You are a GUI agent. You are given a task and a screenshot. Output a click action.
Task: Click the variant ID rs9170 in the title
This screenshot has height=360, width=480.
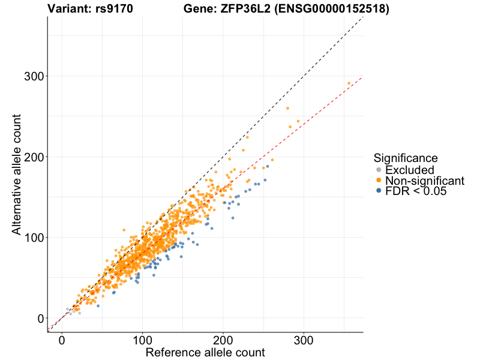click(x=114, y=8)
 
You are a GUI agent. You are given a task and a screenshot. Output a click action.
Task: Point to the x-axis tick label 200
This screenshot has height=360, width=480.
click(x=223, y=341)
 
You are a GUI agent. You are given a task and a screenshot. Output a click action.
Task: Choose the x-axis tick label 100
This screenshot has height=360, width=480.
click(x=142, y=341)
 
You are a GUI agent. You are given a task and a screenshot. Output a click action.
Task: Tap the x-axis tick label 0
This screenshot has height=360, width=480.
click(x=62, y=341)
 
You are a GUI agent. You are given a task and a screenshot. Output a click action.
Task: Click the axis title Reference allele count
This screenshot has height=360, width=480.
click(x=205, y=353)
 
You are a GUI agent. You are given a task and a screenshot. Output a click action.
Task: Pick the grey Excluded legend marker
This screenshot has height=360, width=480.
click(x=379, y=170)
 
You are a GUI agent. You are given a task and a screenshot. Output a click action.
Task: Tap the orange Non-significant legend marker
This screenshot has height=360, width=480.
click(x=379, y=181)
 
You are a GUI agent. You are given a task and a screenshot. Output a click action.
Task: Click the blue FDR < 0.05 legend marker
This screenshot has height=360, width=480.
click(x=379, y=191)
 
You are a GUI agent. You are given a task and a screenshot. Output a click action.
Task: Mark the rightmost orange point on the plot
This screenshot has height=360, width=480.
click(x=349, y=83)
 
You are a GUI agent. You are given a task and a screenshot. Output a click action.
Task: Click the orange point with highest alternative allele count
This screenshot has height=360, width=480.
click(x=349, y=83)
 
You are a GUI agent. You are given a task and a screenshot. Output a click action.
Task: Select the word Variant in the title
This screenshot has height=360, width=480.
click(x=70, y=8)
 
